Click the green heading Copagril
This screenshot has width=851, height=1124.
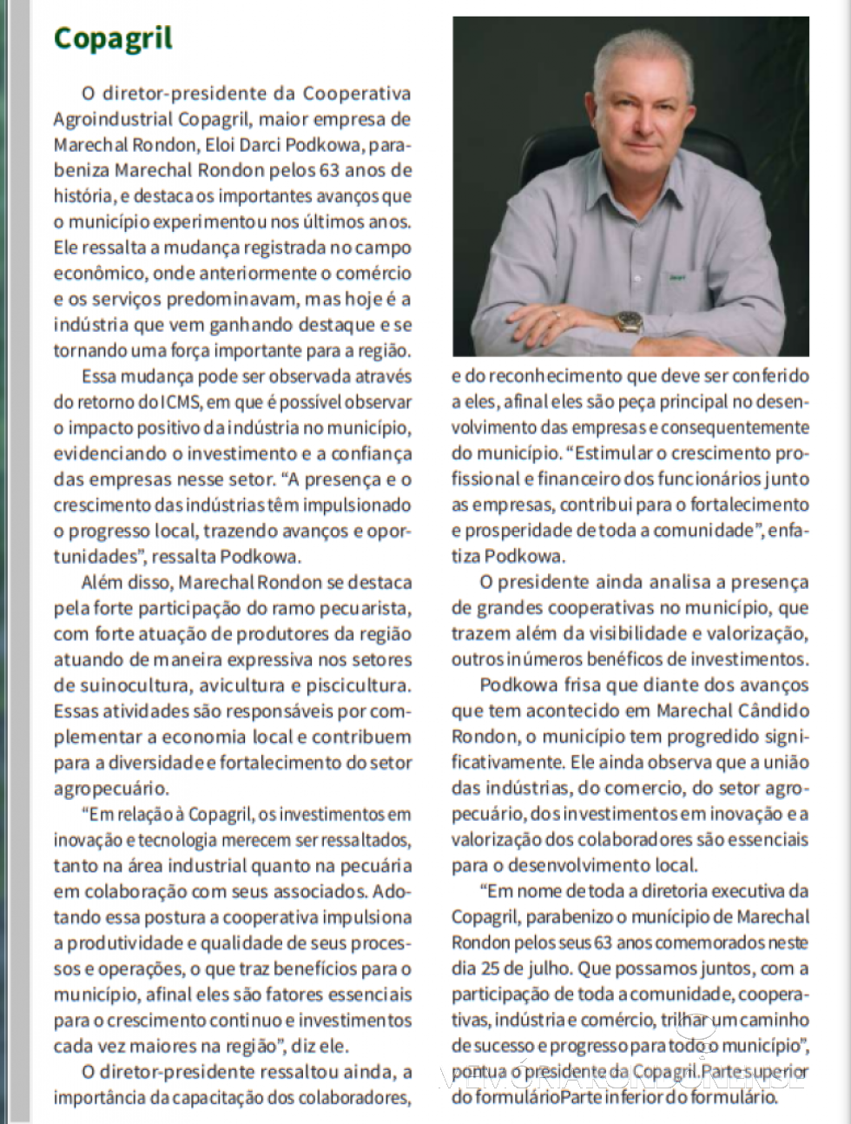pyautogui.click(x=113, y=38)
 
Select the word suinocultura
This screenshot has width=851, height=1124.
pyautogui.click(x=122, y=685)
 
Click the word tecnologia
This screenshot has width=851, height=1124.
pyautogui.click(x=181, y=840)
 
